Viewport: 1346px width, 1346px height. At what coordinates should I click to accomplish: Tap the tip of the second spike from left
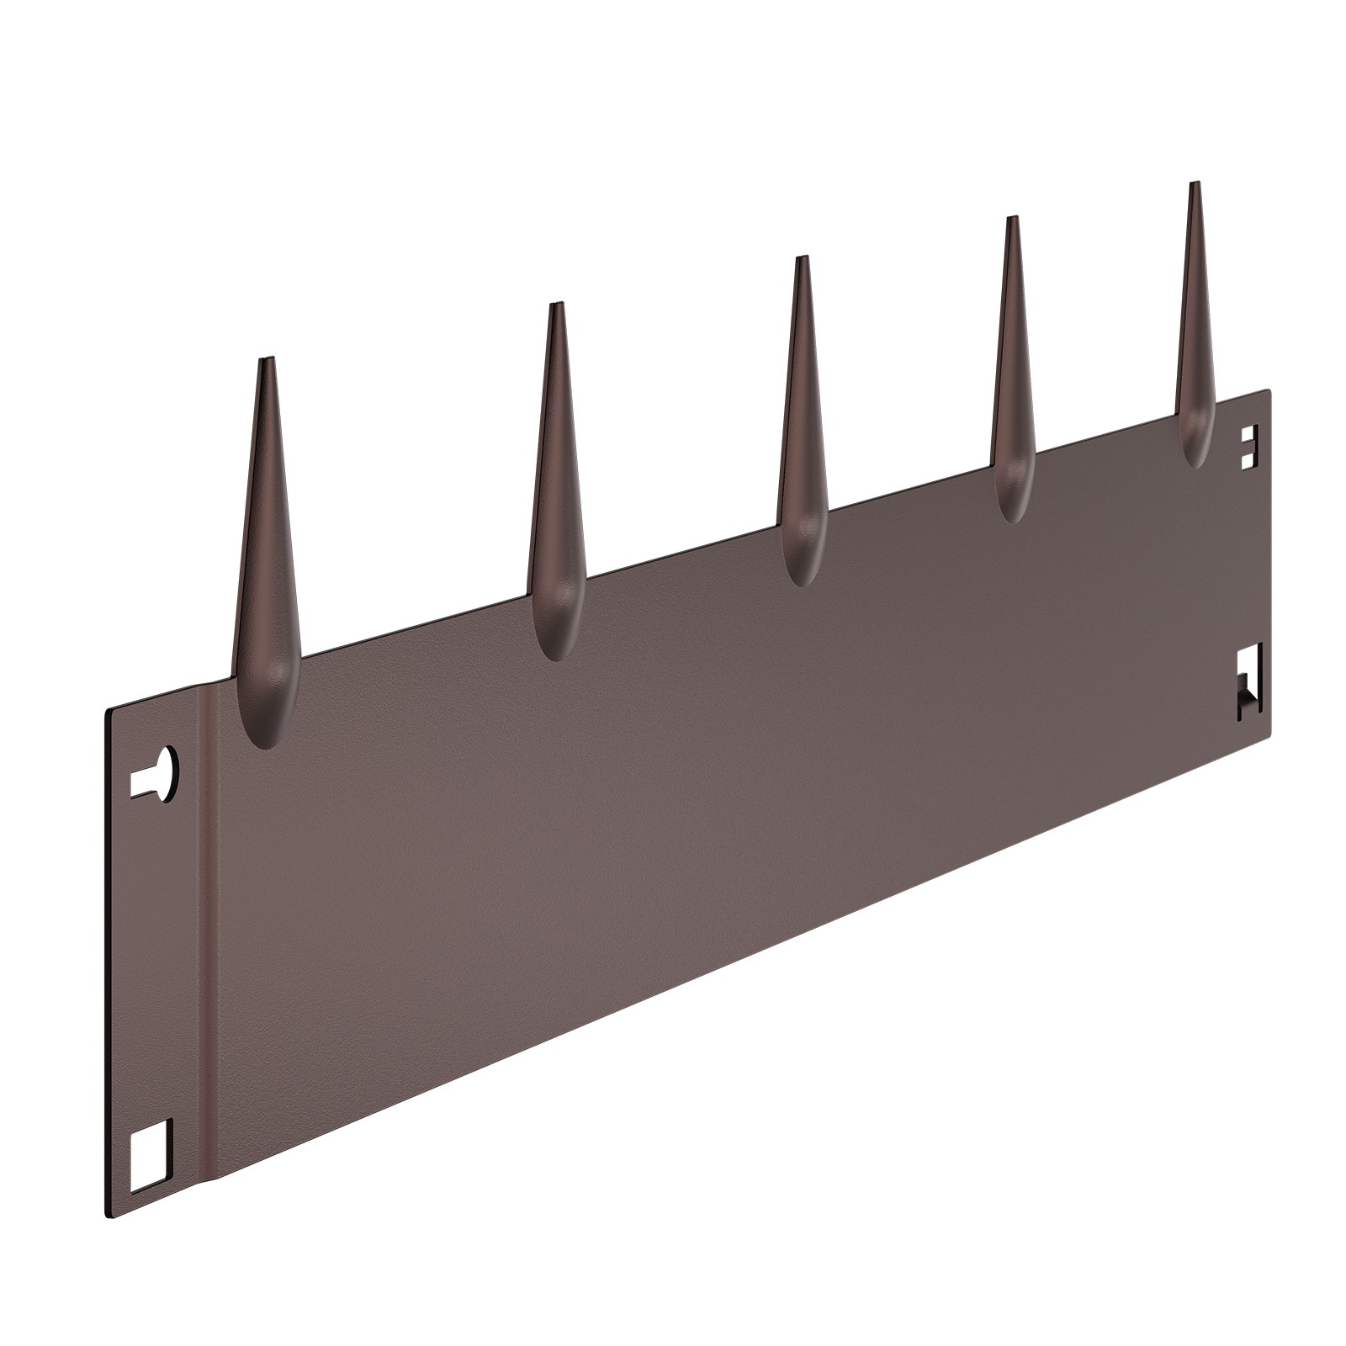click(555, 305)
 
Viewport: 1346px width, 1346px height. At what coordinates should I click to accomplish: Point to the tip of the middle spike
click(802, 258)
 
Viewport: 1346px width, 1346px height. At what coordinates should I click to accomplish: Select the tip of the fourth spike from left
click(1011, 219)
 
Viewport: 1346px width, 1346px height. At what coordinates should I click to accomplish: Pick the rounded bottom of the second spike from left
click(554, 652)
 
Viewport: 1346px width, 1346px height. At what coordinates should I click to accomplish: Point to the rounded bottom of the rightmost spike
click(1195, 459)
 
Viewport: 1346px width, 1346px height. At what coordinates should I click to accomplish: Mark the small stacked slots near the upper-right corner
click(1249, 446)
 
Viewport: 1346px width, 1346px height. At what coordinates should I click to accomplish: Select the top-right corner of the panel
click(1269, 389)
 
